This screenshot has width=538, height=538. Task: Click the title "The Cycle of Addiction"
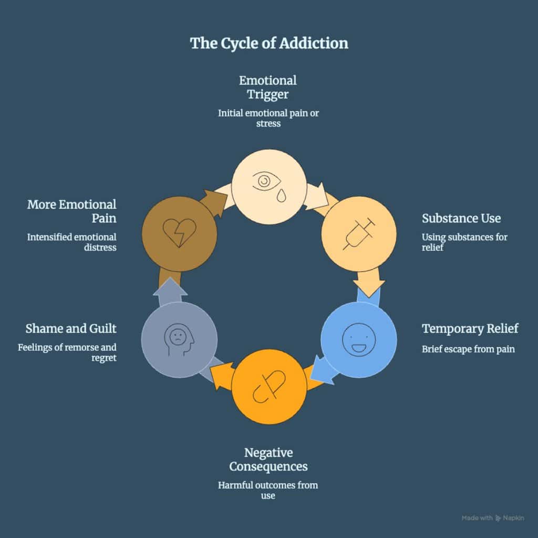269,43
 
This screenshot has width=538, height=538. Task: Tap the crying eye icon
267,187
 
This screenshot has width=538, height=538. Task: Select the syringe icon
359,234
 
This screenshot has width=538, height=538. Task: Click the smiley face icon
359,339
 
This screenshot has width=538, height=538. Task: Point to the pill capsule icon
269,387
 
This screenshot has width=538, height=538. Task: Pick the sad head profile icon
179,340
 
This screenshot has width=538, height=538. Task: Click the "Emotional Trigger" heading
268,87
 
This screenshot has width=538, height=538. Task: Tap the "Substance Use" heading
461,218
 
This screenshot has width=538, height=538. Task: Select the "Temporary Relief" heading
470,328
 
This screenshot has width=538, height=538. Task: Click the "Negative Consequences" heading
268,459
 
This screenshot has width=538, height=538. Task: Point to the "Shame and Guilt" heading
71,328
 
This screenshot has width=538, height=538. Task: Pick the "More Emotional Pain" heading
71,211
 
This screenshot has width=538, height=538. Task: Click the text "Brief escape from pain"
468,349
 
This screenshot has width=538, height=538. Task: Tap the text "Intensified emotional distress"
71,242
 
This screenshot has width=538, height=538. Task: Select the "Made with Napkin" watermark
493,518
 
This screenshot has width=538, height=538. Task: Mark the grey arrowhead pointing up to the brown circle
170,286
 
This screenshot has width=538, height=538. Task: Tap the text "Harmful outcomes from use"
268,490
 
